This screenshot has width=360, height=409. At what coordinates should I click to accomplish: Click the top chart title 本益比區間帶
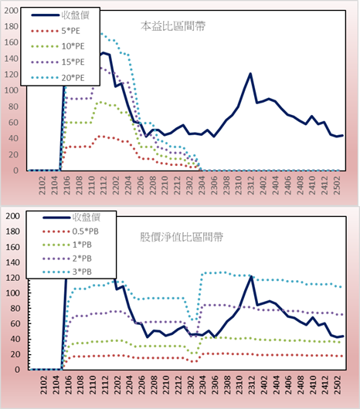(173, 26)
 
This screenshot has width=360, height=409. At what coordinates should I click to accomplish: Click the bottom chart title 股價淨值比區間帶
(182, 237)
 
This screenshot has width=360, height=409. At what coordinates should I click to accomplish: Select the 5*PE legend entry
(56, 31)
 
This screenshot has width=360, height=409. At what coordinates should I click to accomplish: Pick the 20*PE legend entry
(58, 78)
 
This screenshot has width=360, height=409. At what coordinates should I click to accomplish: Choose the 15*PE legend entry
(58, 62)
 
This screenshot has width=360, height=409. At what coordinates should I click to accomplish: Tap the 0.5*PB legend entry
(71, 232)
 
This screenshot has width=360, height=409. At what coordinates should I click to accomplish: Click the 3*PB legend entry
(67, 272)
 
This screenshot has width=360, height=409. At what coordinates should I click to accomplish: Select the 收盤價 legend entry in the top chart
(60, 15)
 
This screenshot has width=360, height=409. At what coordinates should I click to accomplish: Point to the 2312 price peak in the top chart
(250, 73)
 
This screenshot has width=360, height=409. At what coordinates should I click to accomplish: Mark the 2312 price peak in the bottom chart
(251, 276)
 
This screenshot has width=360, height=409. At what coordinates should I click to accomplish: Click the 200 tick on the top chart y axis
(11, 11)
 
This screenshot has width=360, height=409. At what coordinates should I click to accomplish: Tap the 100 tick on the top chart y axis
(11, 90)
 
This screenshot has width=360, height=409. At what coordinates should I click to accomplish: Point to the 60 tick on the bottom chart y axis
(14, 323)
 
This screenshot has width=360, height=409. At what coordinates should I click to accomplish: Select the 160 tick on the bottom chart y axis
(12, 247)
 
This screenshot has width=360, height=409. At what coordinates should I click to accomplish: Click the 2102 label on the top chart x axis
(42, 185)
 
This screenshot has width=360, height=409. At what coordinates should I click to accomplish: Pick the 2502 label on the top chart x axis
(338, 185)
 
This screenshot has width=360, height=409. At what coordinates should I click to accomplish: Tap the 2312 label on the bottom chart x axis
(252, 385)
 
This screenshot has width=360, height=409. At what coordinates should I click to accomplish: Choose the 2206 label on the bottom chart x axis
(141, 385)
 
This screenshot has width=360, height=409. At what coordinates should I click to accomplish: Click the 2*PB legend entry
(67, 259)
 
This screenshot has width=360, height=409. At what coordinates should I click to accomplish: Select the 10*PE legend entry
(58, 46)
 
